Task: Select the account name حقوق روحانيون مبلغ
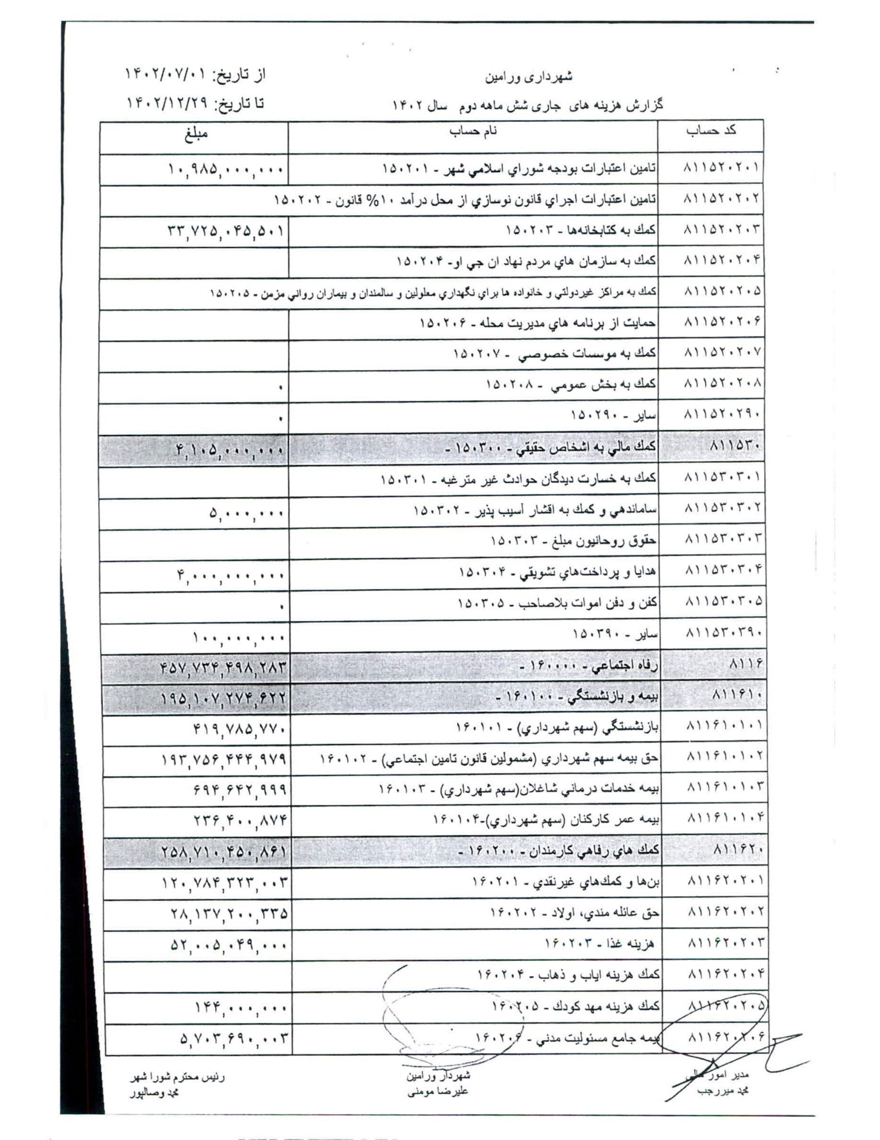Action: (573, 541)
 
